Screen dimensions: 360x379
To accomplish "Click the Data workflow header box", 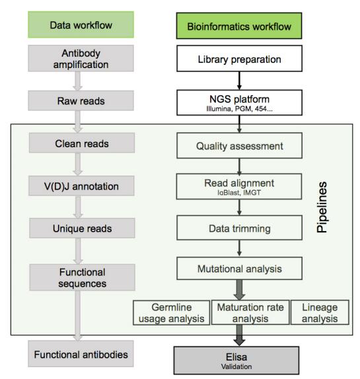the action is point(81,24).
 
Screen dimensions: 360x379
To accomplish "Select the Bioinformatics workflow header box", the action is point(239,26).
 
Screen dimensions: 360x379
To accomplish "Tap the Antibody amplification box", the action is point(81,59).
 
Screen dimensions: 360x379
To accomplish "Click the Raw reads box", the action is point(81,101).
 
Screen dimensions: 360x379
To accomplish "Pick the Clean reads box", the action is point(82,143).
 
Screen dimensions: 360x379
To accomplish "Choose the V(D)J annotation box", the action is point(81,186).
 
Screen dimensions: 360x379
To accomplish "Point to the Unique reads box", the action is point(82,228).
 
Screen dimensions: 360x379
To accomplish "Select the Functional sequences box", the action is point(82,277).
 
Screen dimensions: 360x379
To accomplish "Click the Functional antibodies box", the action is point(81,354).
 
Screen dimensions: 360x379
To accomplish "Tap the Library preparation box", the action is point(239,59).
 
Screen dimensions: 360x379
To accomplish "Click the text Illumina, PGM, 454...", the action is point(239,109).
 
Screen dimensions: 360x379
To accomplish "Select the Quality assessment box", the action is point(239,146).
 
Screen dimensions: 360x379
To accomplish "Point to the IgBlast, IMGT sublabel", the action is point(239,193).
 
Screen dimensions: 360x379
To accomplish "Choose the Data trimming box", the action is point(239,228).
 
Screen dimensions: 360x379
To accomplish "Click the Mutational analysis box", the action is point(239,269).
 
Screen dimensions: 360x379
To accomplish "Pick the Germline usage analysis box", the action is point(172,313).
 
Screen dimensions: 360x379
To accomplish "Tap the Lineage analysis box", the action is point(320,312).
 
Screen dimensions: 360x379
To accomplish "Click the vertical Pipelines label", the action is point(322,207).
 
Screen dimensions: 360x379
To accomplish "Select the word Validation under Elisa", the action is point(236,366).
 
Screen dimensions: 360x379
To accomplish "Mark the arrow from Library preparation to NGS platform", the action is point(239,81).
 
